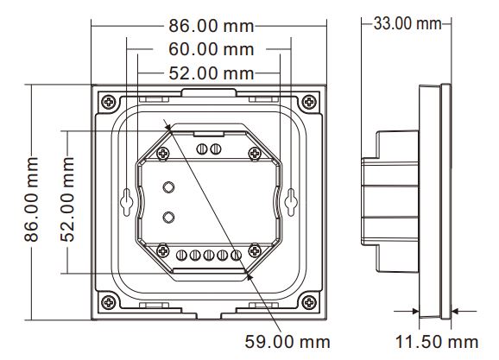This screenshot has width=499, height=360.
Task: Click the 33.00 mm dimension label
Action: (407, 24)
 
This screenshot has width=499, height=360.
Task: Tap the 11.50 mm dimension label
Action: (437, 342)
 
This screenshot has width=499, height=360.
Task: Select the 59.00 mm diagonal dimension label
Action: (287, 342)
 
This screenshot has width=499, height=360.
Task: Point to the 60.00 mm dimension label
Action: (212, 49)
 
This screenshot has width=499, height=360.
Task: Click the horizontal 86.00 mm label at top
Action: (212, 26)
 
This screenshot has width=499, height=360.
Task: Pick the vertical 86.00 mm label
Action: (31, 199)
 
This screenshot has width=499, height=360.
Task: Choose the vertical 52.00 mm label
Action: (67, 199)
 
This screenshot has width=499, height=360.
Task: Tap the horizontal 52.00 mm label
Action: (212, 73)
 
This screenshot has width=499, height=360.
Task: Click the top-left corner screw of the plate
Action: (109, 102)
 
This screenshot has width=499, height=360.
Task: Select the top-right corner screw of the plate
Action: (309, 102)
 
